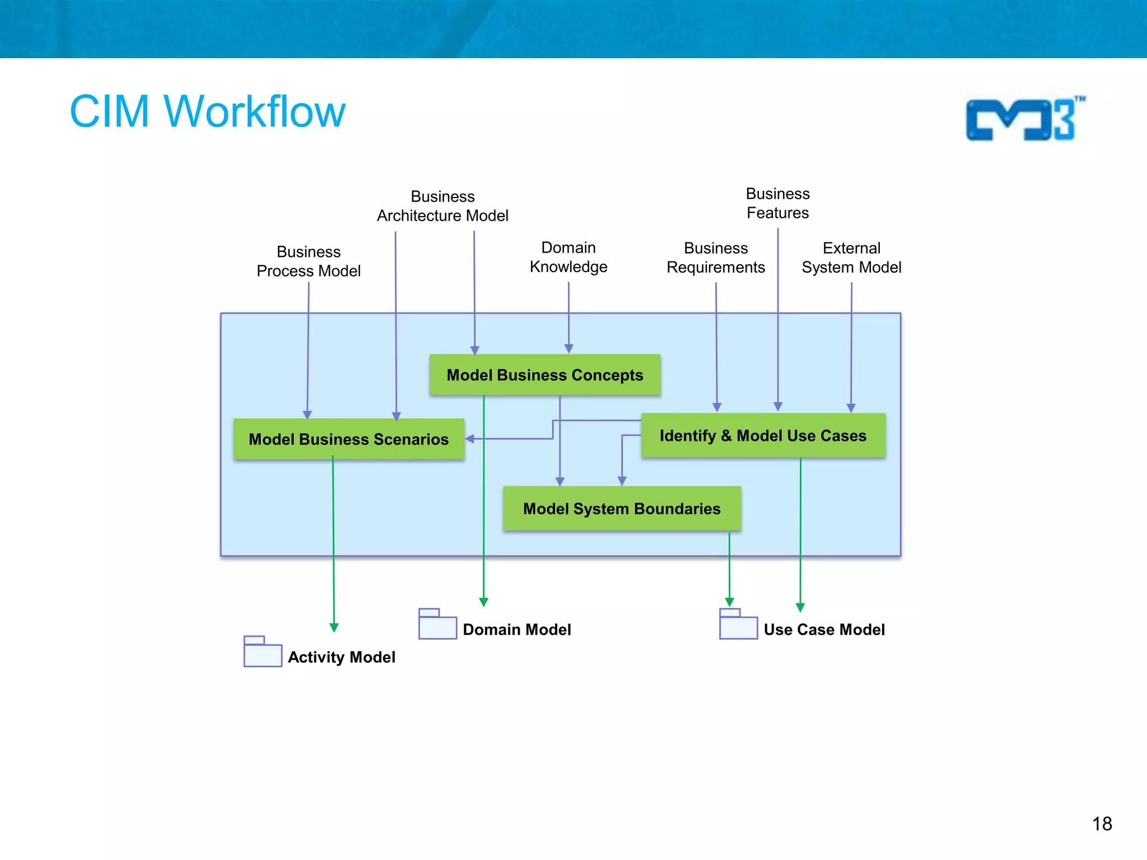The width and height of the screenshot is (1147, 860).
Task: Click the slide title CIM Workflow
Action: (x=207, y=111)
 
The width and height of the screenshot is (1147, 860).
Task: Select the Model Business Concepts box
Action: (x=544, y=375)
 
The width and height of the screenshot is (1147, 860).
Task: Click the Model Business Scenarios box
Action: (x=348, y=439)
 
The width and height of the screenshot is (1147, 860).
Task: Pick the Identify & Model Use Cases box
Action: (x=763, y=436)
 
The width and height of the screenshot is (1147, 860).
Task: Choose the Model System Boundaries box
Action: (x=622, y=508)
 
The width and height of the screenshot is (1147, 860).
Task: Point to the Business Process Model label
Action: (x=309, y=261)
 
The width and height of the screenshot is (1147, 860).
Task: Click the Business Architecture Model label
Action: (x=442, y=206)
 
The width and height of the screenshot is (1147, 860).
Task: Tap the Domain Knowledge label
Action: (x=568, y=257)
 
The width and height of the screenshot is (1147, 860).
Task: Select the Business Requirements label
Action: (x=716, y=258)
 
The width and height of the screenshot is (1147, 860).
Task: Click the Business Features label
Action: (x=777, y=203)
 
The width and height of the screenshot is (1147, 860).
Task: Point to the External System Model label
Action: (x=851, y=258)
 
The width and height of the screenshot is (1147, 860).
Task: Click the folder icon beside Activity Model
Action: (x=263, y=652)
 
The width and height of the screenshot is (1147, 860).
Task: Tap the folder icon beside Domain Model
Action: (x=437, y=624)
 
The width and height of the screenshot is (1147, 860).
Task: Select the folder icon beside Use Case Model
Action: (x=738, y=624)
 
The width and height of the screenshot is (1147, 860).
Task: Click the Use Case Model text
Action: (x=824, y=629)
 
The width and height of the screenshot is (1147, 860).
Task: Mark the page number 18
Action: (x=1102, y=824)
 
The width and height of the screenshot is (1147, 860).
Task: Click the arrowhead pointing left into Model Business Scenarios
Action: (x=470, y=439)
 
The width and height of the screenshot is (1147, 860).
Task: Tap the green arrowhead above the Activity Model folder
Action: (x=334, y=628)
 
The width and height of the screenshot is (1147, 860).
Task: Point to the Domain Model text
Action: (x=516, y=629)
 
